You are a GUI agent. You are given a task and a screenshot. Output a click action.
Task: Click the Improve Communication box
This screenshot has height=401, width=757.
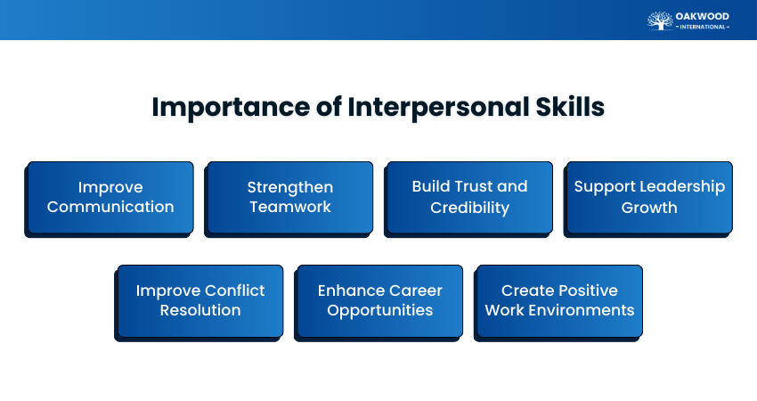(x=110, y=197)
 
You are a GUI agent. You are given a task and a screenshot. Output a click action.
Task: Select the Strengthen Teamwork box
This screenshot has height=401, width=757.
(x=289, y=197)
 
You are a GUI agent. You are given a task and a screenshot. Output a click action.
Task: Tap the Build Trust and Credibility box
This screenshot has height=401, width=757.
(x=469, y=197)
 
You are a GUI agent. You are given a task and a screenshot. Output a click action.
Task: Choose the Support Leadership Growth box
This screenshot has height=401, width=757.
(x=649, y=197)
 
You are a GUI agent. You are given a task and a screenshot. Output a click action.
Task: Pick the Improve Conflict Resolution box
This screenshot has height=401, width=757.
(x=200, y=300)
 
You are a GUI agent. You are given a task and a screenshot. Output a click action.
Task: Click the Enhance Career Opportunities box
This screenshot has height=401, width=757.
(x=379, y=300)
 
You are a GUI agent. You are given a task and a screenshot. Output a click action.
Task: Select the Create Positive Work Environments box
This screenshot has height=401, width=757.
(x=559, y=300)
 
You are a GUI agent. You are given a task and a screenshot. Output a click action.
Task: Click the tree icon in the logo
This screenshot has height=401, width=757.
(x=660, y=20)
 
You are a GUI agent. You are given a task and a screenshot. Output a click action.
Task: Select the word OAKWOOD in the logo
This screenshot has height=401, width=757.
(x=704, y=16)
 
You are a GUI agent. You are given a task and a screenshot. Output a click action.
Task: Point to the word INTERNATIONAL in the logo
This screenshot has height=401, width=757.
(x=704, y=28)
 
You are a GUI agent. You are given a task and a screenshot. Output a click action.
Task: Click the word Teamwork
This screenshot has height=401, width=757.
(x=289, y=207)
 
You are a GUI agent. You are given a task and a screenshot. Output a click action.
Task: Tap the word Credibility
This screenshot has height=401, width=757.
(x=469, y=208)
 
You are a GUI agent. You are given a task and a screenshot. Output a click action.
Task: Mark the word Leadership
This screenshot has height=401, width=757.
(x=682, y=187)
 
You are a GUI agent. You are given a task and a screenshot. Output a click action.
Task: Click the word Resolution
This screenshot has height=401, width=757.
(x=200, y=310)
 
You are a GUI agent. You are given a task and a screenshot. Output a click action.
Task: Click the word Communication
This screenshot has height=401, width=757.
(x=110, y=207)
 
